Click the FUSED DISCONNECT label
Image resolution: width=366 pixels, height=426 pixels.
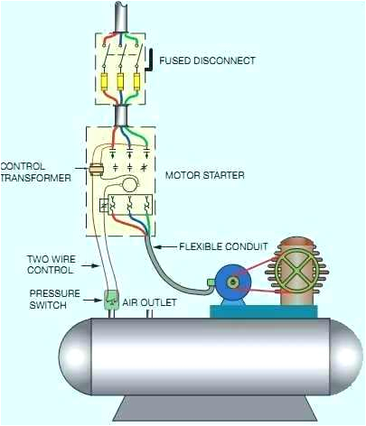point(207,60)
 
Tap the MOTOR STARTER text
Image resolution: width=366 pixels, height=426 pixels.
point(205,175)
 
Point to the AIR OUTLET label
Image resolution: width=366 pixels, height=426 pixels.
point(153,303)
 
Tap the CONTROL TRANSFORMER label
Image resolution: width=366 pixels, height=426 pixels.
point(34,171)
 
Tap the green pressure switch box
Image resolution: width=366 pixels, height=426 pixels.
point(113,299)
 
